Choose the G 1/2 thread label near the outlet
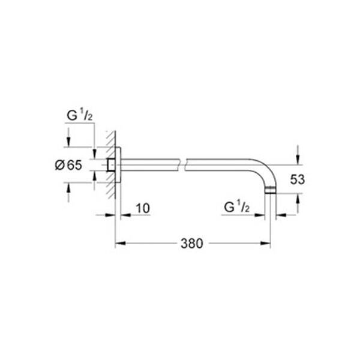click(x=236, y=207)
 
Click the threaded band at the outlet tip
click(x=271, y=191)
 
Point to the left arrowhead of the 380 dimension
click(x=118, y=243)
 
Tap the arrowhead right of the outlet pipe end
click(x=280, y=214)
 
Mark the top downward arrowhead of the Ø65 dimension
click(x=68, y=142)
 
